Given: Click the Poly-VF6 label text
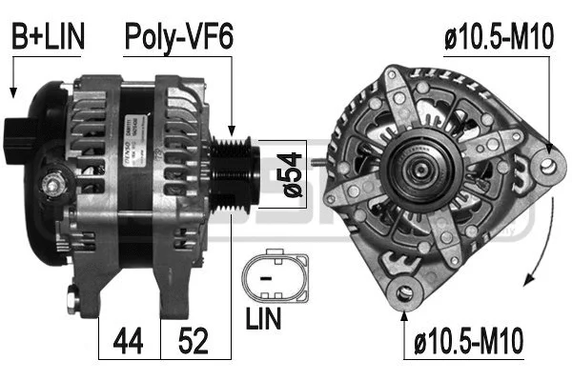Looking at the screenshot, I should (179, 37).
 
